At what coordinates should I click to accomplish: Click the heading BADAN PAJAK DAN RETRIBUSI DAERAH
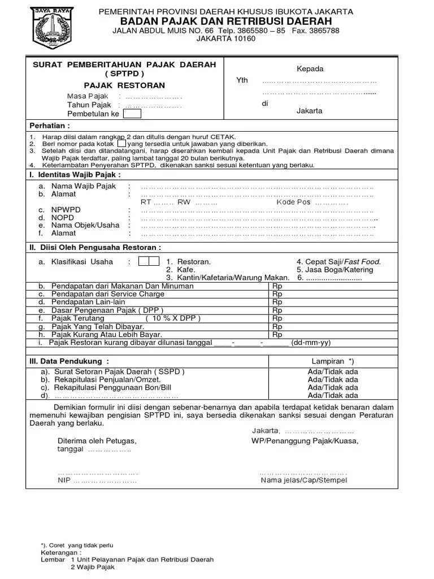226,21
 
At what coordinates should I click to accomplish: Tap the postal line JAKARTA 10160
225,39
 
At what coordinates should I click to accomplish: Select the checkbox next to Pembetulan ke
132,114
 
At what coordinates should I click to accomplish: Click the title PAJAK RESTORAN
124,85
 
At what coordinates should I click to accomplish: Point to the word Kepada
310,69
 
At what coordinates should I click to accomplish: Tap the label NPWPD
66,209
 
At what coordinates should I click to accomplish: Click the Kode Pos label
293,202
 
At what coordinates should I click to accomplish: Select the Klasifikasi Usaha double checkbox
149,261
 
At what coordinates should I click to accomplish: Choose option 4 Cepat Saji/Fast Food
338,262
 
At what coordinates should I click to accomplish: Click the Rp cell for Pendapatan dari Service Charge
277,294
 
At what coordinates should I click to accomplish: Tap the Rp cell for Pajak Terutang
277,318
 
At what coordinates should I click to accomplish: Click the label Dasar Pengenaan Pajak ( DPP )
106,310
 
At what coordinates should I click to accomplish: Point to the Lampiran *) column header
332,361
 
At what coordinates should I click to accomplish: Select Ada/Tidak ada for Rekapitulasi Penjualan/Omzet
332,380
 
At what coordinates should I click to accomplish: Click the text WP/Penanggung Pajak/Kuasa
305,440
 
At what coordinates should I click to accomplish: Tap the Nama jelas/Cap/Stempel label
304,481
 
